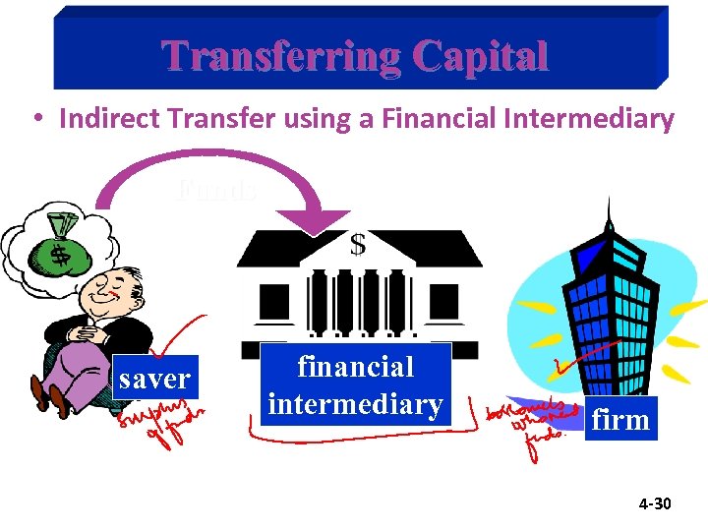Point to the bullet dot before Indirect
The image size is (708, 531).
coord(35,120)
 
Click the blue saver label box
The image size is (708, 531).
coord(155,379)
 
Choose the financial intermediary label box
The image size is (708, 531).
coord(355,384)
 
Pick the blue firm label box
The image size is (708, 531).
coord(621,420)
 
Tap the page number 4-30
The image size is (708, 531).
coord(654,504)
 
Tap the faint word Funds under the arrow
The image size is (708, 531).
coord(218,188)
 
